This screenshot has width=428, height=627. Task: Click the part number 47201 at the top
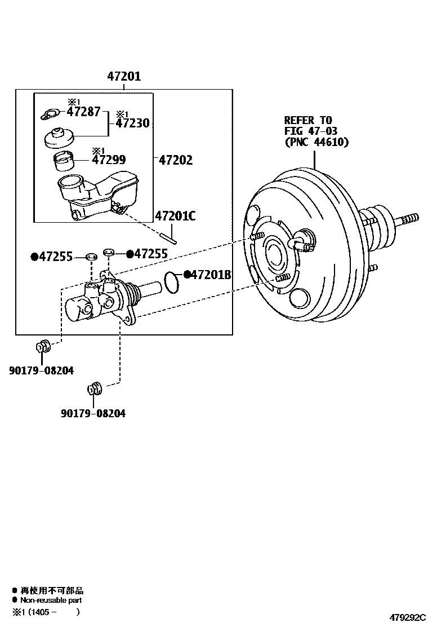(124, 76)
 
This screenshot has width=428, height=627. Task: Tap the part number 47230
(133, 123)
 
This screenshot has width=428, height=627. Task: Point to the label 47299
(109, 160)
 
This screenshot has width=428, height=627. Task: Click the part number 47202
(176, 160)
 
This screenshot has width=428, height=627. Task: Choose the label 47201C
(175, 215)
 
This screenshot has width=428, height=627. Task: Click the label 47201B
(211, 275)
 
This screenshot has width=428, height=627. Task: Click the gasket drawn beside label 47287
(50, 115)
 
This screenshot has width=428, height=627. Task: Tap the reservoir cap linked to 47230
(58, 137)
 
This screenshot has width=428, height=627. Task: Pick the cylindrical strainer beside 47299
(64, 161)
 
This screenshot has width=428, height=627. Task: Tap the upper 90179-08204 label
(42, 370)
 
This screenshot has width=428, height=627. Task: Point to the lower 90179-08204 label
(93, 413)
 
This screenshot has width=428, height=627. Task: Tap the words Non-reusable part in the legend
(52, 600)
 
